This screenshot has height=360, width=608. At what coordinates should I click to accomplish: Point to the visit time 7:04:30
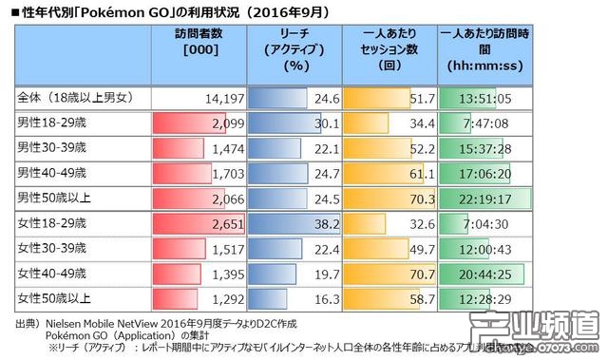488,222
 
